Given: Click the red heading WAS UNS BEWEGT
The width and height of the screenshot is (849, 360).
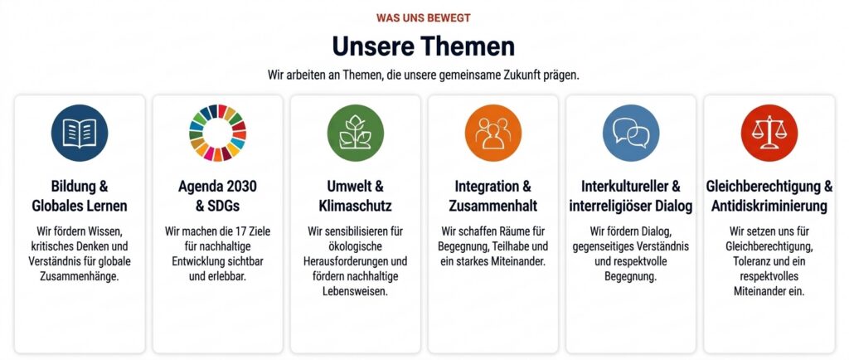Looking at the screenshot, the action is click(424, 18).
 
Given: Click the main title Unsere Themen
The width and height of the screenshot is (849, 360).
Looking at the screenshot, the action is click(424, 46).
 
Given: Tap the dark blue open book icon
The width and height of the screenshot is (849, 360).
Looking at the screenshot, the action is click(80, 134).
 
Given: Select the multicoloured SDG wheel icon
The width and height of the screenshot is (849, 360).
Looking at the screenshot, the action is click(218, 134).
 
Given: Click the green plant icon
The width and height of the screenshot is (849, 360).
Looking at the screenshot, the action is click(356, 134).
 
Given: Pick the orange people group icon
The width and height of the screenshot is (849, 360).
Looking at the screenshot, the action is click(493, 134).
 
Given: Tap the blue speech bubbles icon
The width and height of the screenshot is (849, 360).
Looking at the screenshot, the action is click(631, 134).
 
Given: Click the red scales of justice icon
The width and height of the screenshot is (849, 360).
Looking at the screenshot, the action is click(769, 134).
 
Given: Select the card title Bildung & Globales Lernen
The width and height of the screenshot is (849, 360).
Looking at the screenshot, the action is click(80, 196).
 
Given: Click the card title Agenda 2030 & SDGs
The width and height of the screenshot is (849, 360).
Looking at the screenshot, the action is click(218, 196).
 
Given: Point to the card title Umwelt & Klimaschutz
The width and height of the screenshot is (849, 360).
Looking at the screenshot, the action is click(356, 196).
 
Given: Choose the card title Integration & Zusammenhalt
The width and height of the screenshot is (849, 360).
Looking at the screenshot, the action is click(493, 196).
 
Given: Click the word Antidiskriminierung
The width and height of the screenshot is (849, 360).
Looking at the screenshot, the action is click(769, 207).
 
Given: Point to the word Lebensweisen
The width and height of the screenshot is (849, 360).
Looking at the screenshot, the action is click(355, 291).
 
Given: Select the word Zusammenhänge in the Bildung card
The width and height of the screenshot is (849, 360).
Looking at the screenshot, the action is click(80, 276).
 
